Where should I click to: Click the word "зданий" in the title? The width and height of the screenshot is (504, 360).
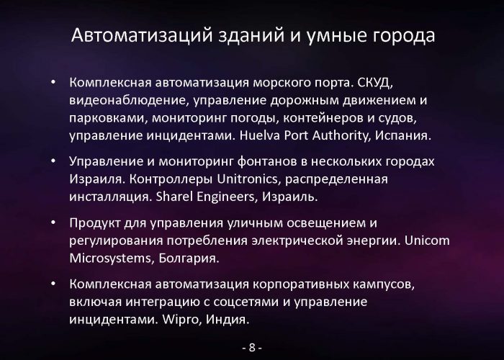click(251, 36)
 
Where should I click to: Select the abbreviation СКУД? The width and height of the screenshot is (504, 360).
click(376, 83)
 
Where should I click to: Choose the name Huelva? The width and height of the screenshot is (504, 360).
click(260, 135)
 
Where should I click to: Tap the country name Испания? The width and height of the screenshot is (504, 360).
click(403, 135)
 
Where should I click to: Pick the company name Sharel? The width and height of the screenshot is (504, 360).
click(174, 197)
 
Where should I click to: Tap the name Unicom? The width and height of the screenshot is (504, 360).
click(427, 240)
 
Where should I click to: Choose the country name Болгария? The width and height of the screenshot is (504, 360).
click(189, 258)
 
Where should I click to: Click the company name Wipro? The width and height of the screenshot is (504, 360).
click(182, 320)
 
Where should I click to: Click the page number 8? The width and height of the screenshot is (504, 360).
click(252, 348)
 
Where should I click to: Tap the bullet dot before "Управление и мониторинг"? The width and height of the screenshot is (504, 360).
click(53, 161)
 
